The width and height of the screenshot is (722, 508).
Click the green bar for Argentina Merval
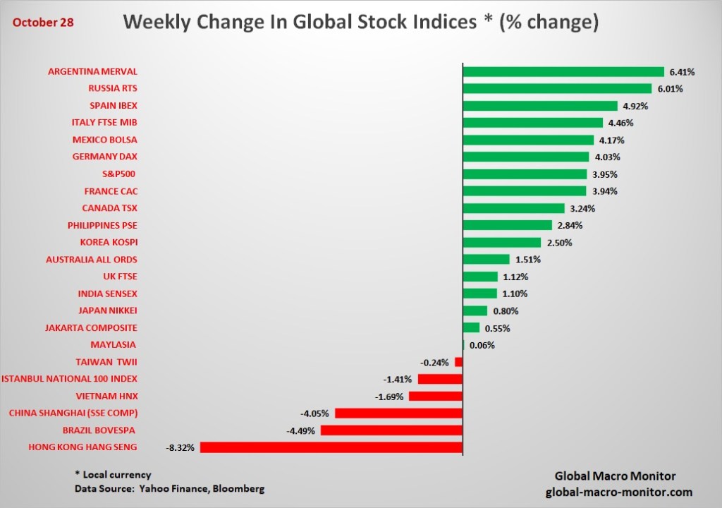563,72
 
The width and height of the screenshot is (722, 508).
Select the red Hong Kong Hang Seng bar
331,447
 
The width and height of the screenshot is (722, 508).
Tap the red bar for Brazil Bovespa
391,430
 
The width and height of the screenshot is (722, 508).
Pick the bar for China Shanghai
398,413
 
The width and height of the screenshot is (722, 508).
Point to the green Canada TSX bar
513,208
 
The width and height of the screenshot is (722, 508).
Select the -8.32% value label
180,447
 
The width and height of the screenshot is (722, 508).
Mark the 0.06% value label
483,345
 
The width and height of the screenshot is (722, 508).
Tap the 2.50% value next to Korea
558,243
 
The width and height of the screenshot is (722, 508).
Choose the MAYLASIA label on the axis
114,345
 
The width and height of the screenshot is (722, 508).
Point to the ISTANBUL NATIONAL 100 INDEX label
69,379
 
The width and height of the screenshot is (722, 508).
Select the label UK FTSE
120,277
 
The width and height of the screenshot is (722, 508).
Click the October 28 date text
42,22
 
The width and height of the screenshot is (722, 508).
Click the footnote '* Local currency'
113,475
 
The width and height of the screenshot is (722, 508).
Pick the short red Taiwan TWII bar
458,362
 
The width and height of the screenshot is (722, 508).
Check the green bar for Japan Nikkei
475,310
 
